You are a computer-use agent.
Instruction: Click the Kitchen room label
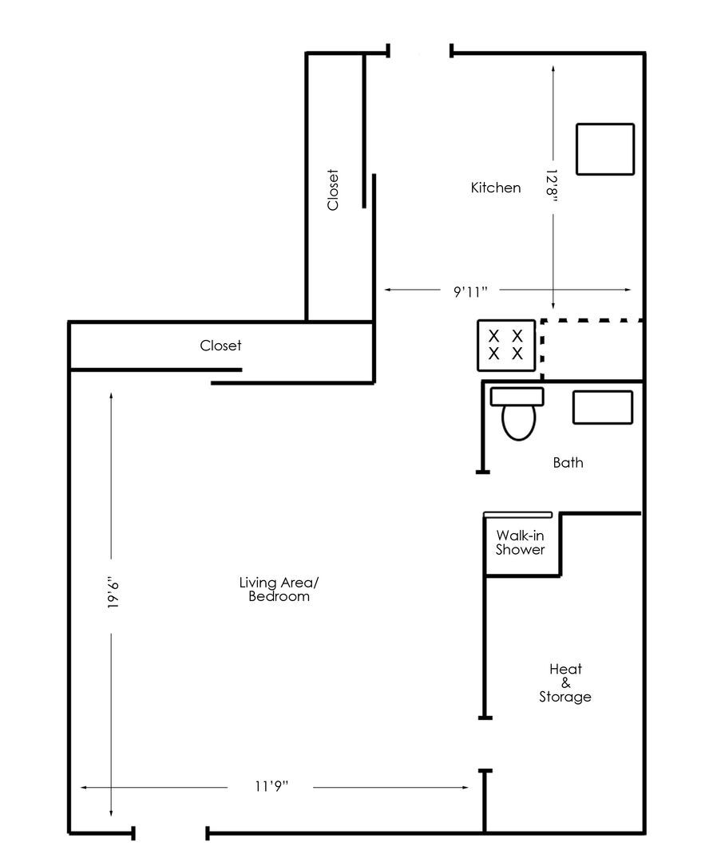[496, 188]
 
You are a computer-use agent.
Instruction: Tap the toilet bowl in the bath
[519, 422]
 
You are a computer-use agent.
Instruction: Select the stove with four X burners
[506, 346]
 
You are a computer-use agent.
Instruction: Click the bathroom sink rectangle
[602, 407]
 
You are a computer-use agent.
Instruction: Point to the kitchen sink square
[605, 149]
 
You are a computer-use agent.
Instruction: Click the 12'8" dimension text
[552, 185]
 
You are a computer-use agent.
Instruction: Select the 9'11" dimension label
[470, 291]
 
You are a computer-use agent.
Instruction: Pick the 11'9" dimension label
[271, 786]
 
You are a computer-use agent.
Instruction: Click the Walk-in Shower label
[521, 542]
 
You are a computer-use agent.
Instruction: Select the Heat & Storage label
[565, 682]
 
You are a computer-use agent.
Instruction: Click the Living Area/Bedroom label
[279, 589]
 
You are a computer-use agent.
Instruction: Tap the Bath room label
[568, 462]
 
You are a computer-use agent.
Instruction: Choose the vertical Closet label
[333, 190]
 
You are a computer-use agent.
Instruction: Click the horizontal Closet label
[220, 346]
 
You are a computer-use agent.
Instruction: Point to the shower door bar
[517, 515]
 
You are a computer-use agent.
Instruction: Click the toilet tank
[517, 397]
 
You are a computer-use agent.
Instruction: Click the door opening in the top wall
[420, 52]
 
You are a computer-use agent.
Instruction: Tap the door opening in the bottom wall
[171, 832]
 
